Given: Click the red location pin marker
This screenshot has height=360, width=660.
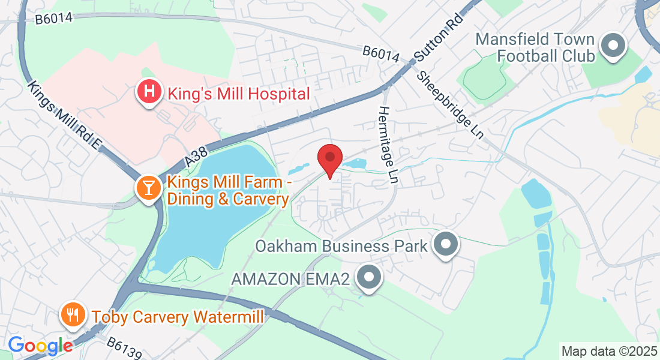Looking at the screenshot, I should click(329, 158).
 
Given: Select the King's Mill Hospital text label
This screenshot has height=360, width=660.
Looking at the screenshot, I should click(239, 94).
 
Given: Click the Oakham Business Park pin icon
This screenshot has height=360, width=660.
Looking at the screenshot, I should click(445, 245).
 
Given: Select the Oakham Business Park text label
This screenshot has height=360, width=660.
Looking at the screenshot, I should click(341, 246).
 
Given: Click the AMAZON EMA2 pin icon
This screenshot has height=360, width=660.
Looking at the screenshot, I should click(368, 278).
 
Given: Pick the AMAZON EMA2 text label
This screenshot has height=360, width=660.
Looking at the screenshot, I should click(291, 278).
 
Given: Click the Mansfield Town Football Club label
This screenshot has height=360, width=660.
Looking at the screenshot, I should click(535, 47).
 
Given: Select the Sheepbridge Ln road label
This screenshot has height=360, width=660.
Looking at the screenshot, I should click(451, 105).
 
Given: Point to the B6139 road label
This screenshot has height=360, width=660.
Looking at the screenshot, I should click(125, 348).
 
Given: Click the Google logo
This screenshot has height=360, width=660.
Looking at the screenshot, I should click(40, 346).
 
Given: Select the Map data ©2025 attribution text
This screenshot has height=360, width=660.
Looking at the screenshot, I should click(608, 350).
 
